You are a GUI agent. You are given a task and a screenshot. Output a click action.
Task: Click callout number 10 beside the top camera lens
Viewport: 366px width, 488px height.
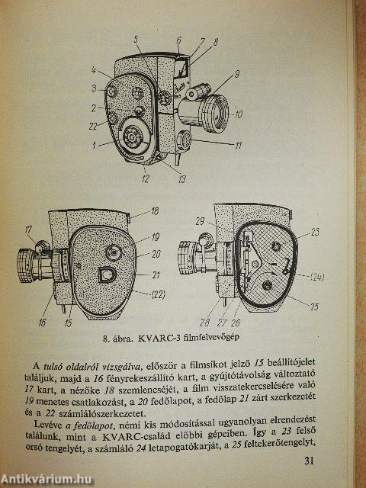point(238,115)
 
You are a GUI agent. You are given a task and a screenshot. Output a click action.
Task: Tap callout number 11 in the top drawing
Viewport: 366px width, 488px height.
point(238,146)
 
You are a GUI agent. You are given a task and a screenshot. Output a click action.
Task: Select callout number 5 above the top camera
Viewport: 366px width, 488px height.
point(136,40)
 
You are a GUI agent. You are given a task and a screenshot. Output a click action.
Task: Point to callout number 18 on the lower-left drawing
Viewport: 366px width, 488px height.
point(154,211)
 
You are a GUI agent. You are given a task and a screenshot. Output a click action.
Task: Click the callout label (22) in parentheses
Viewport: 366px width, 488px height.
point(158,294)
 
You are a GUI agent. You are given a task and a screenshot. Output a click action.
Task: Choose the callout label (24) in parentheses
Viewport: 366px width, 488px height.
point(317,277)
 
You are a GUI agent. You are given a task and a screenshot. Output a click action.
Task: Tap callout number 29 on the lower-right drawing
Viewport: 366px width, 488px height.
point(200,222)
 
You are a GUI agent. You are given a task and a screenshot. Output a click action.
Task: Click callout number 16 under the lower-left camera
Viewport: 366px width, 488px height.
point(42,323)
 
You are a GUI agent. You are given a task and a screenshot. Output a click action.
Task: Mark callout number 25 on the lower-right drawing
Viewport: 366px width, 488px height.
point(314,307)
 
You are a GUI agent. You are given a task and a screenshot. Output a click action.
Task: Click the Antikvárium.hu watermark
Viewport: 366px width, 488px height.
point(47,480)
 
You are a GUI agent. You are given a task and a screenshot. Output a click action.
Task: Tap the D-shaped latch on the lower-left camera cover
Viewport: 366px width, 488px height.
point(107,274)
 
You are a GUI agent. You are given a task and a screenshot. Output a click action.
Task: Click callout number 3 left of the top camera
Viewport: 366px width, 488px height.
point(95,88)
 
